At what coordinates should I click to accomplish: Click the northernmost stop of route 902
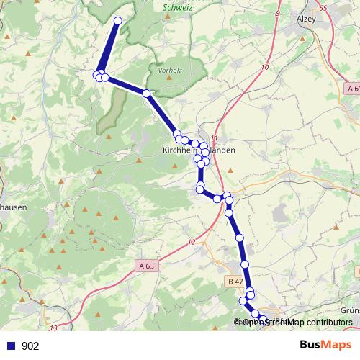pyautogui.click(x=118, y=21)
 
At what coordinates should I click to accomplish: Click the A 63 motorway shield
pyautogui.click(x=145, y=266)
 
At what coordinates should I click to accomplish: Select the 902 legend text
pyautogui.click(x=30, y=346)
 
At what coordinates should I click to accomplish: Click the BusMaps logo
pyautogui.click(x=326, y=346)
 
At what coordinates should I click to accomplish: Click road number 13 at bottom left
pyautogui.click(x=53, y=328)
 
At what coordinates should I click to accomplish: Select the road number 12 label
pyautogui.click(x=192, y=242)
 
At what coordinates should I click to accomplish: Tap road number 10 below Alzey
pyautogui.click(x=266, y=67)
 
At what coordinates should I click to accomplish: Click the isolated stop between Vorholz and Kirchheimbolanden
pyautogui.click(x=146, y=94)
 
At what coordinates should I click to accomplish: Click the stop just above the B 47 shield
pyautogui.click(x=245, y=265)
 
